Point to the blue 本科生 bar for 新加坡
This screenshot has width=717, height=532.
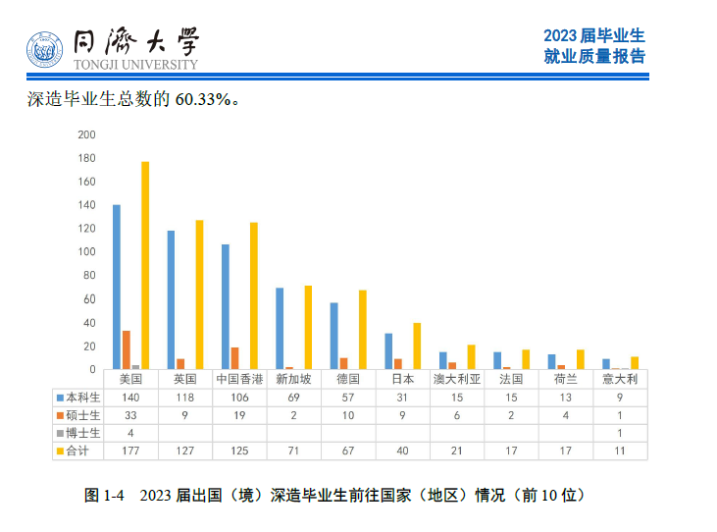tap(280, 329)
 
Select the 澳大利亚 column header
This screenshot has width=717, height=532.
tap(457, 379)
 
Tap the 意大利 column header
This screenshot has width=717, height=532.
tap(620, 379)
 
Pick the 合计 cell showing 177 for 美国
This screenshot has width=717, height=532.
tap(130, 451)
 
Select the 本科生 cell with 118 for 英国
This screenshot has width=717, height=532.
tap(185, 398)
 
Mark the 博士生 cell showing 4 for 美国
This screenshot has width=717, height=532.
tap(130, 433)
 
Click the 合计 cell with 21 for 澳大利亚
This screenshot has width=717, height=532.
tap(457, 451)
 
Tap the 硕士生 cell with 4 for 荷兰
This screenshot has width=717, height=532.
tap(565, 415)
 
